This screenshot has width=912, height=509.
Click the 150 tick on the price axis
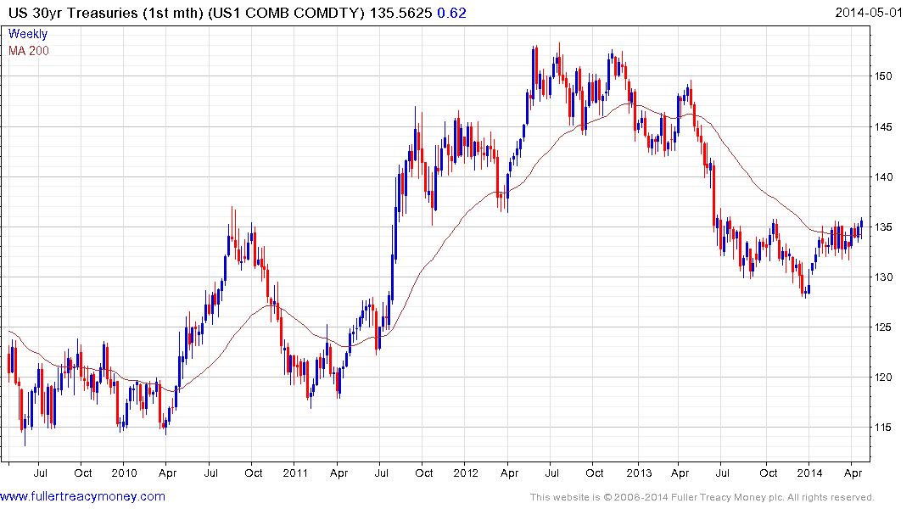tap(884, 77)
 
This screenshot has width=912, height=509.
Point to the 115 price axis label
tap(884, 428)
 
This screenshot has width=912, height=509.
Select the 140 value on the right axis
tap(884, 177)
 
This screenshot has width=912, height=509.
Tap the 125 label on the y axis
tap(884, 327)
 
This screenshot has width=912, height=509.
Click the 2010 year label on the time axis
tap(124, 473)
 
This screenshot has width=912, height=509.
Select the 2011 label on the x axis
tap(294, 473)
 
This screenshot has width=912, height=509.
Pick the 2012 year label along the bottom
tap(467, 473)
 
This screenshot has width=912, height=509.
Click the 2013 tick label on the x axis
tap(638, 473)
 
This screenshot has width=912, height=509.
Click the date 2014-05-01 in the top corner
tap(870, 13)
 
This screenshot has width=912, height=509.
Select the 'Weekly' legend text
tap(28, 35)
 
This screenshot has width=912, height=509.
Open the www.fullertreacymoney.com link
tap(83, 496)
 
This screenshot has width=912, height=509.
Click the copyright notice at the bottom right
tap(702, 497)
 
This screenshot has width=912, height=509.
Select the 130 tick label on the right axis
tap(884, 277)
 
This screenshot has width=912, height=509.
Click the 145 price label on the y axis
tap(884, 127)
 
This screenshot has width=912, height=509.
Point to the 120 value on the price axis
tap(884, 378)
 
